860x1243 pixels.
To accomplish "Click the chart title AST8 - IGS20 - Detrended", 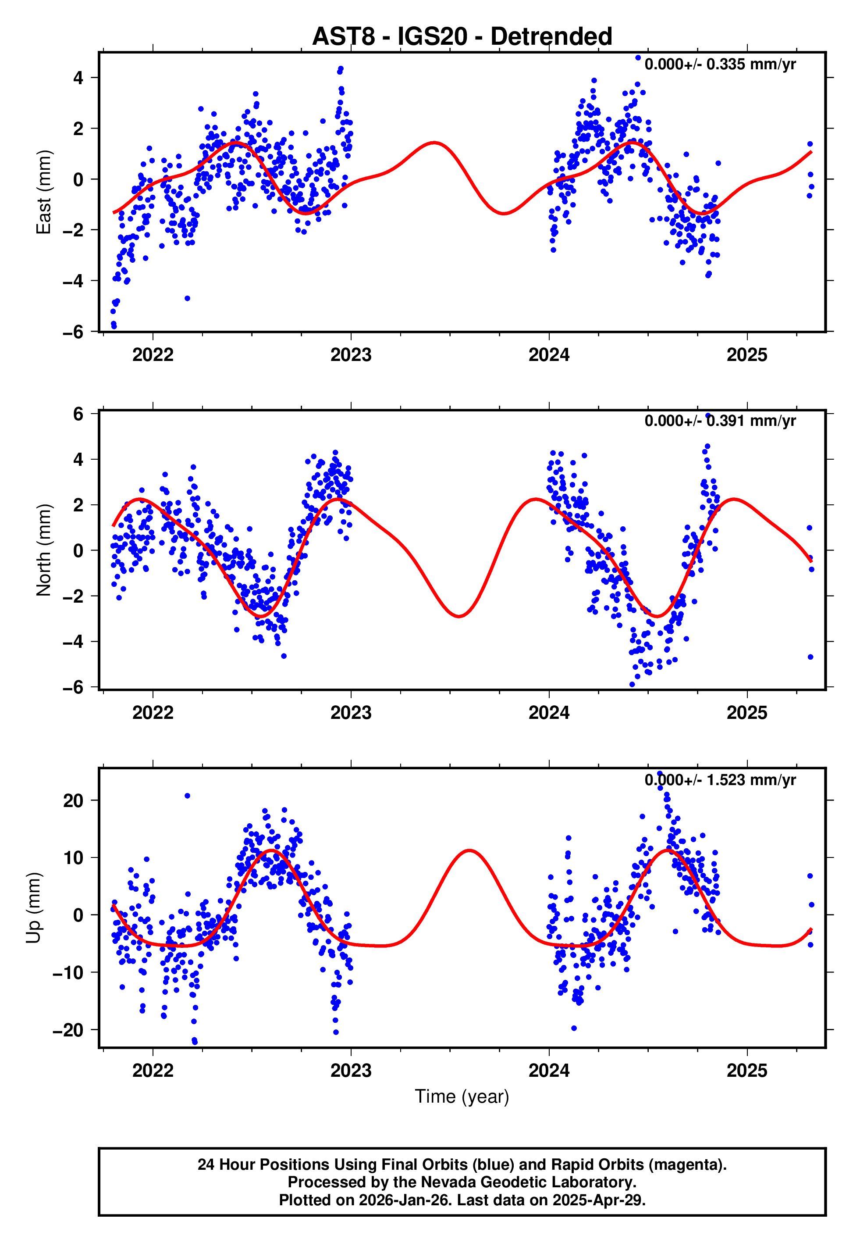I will [x=462, y=37].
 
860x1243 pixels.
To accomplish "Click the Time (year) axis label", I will [x=462, y=1097].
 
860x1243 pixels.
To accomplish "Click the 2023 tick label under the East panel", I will [x=351, y=355].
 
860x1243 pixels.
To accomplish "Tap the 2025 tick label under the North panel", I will [x=746, y=713].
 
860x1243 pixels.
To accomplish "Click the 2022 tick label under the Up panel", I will [x=153, y=1071].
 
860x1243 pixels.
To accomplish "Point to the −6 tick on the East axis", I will [x=73, y=332].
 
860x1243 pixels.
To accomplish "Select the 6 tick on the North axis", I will [x=78, y=414].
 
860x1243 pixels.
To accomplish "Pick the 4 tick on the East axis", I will [x=78, y=78].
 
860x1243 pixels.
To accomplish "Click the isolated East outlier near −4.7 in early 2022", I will [x=188, y=298].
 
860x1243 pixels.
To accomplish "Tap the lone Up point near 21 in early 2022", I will [x=187, y=796].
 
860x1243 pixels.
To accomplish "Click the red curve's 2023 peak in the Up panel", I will [x=470, y=850].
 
